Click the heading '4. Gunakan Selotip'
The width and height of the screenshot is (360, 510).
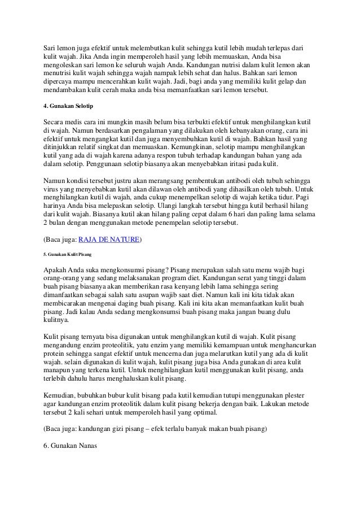pyautogui.click(x=68, y=106)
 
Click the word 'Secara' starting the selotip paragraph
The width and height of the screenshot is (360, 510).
pyautogui.click(x=55, y=121)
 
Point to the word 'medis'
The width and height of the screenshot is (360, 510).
pyautogui.click(x=79, y=121)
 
